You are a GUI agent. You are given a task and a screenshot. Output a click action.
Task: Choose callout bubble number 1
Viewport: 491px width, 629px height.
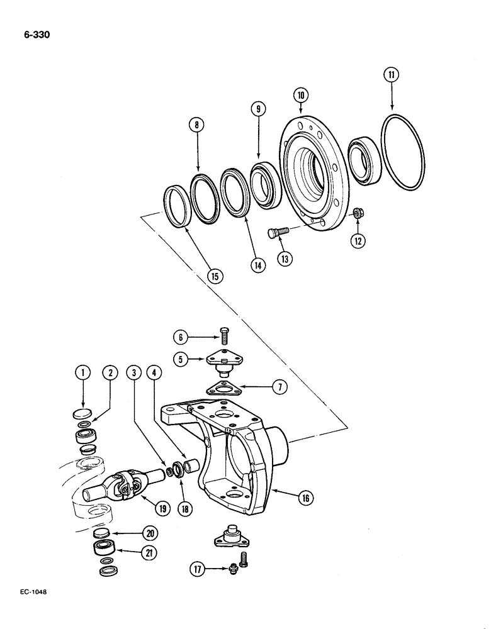pos(81,374)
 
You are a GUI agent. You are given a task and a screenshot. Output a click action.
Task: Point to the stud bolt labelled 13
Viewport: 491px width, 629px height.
pos(277,233)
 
